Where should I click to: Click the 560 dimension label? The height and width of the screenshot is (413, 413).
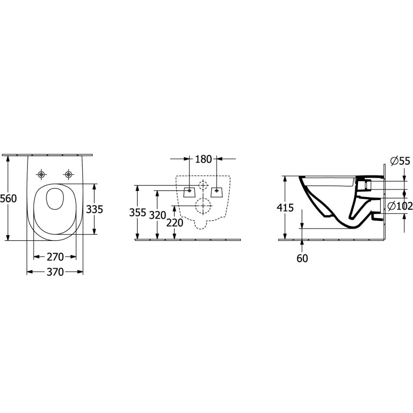pos(9,198)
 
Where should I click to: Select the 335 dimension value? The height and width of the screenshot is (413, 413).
pos(95,210)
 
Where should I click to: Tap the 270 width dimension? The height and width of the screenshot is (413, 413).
pos(55,257)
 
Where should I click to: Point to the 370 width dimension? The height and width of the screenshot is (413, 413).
pos(55,272)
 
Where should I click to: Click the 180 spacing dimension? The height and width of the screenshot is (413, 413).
pos(203,159)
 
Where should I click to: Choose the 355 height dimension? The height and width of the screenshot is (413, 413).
pos(138,212)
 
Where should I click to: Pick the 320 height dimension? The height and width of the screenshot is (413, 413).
pos(157,215)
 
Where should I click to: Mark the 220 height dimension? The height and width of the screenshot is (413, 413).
pos(175,223)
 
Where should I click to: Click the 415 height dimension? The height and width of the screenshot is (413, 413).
pos(285,208)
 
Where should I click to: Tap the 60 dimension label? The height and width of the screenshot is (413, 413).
pos(302,259)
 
